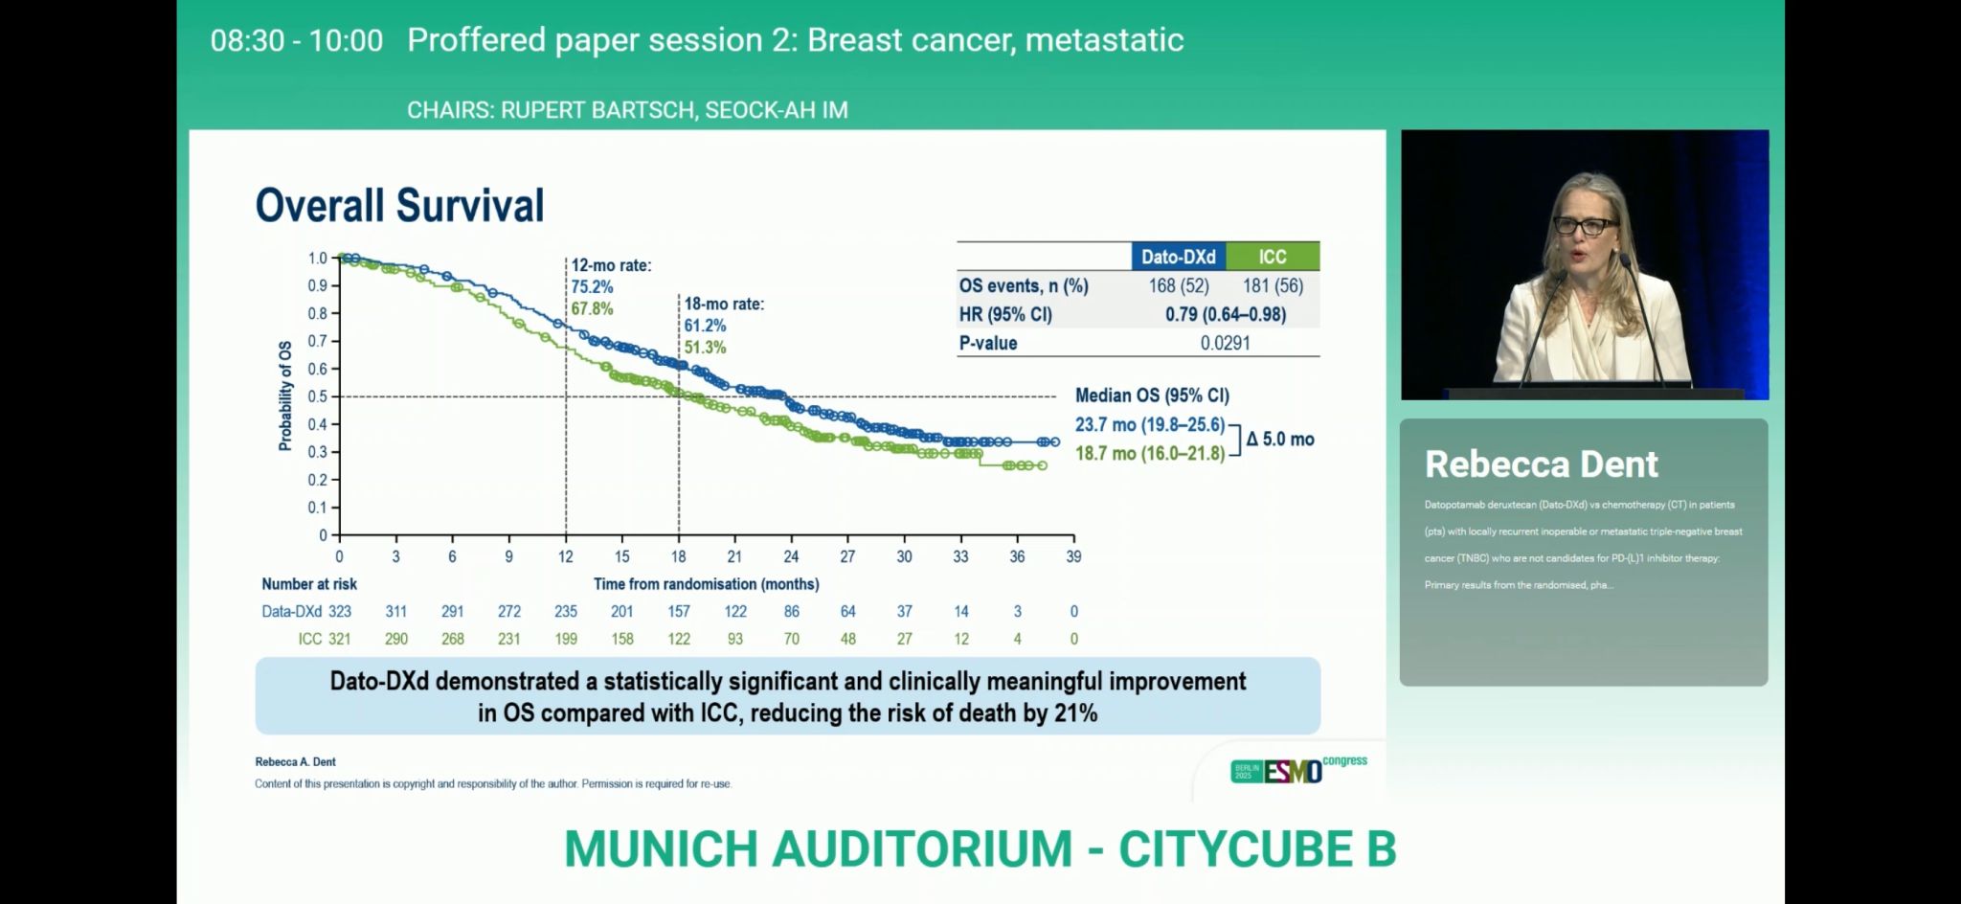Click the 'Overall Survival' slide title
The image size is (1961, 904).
399,206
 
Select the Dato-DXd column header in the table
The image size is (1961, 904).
1178,257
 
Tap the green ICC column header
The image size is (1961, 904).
1273,257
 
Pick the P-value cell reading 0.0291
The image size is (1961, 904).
1225,343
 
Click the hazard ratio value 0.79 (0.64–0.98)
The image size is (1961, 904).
1225,314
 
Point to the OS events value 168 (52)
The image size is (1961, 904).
1178,285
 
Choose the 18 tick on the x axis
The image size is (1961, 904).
678,556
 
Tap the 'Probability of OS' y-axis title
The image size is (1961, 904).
285,395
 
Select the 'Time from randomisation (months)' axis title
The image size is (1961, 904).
706,584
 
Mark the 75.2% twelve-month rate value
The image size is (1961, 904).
592,286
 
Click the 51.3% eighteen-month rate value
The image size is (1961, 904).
705,347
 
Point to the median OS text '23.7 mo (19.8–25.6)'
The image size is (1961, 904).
1149,424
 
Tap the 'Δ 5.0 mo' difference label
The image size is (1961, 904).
1280,440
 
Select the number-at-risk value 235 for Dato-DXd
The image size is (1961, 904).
566,611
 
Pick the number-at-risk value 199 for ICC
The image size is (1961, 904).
566,639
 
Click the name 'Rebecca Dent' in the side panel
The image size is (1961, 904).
1541,464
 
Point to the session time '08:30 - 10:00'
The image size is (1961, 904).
297,40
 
